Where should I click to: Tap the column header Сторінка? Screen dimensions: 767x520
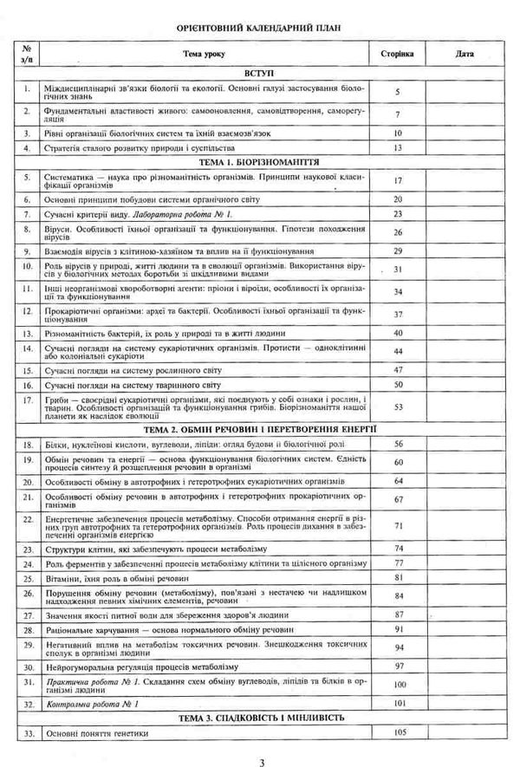coord(397,54)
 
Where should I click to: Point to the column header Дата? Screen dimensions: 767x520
coord(464,54)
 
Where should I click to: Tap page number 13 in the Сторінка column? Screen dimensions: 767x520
coord(399,148)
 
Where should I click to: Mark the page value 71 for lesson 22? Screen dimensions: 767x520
coord(399,526)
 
